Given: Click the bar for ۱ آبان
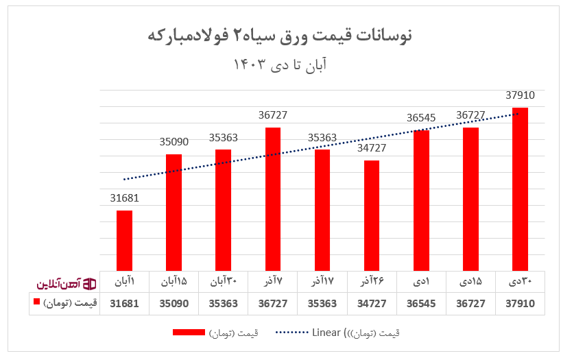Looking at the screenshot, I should tap(124, 240).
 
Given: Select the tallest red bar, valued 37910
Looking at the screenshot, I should tap(520, 189).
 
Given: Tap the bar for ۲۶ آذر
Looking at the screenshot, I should tap(372, 215).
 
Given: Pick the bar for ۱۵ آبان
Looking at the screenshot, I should tap(174, 212).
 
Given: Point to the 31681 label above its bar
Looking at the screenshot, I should tap(124, 198).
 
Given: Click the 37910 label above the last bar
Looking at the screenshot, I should tap(520, 95).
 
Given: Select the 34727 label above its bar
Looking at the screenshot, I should tap(372, 148).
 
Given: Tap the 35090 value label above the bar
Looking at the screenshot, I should tap(174, 142).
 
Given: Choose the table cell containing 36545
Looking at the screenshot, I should tap(421, 303).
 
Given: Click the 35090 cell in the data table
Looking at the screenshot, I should tap(174, 303).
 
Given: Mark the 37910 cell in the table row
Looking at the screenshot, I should tap(520, 303).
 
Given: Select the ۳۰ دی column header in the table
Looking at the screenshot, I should tap(520, 282).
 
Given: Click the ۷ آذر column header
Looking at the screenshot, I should tap(273, 282).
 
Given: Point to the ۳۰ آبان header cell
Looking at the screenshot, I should tap(223, 282).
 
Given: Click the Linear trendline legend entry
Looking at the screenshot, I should tap(336, 333).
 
